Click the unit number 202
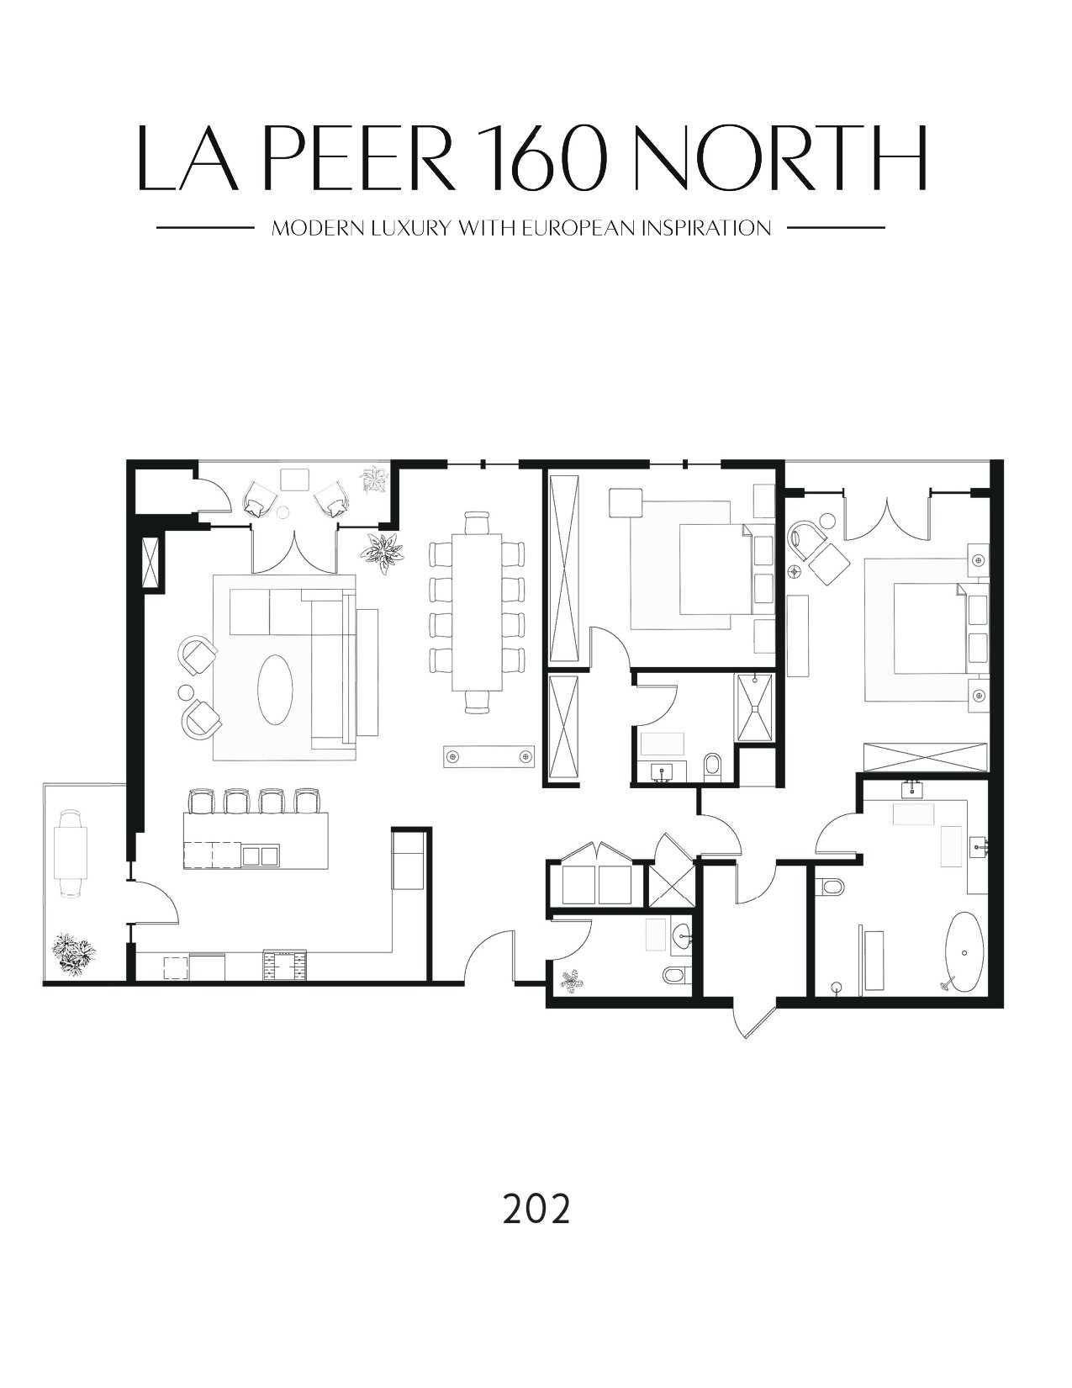536,1208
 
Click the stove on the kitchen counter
284,965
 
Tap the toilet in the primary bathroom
832,887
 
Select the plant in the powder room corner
572,979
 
